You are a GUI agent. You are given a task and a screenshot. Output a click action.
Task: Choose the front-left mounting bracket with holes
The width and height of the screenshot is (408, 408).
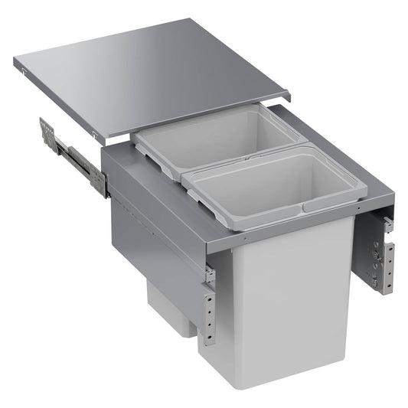click(x=208, y=310)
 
